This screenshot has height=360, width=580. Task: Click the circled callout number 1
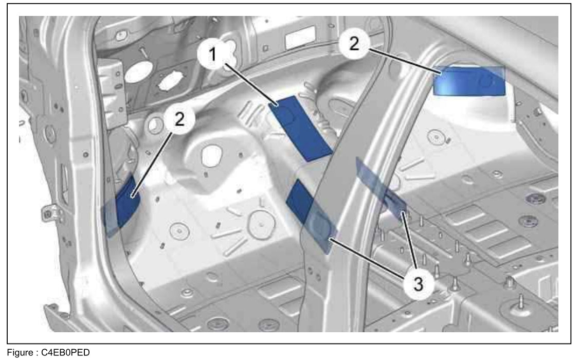212,55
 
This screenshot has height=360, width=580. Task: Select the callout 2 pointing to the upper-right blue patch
354,44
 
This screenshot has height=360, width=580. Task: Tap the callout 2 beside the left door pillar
179,119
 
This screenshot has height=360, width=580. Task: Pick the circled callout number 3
418,284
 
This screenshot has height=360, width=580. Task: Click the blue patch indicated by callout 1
300,128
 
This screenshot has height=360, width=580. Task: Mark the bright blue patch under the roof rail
469,81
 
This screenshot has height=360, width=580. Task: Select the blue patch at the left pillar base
122,206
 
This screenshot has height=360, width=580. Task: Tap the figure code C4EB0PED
65,353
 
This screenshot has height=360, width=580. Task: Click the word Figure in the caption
20,353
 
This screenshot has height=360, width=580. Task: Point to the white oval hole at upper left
138,72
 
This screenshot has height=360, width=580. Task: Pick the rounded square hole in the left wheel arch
212,156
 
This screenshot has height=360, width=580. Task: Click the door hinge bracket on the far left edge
48,212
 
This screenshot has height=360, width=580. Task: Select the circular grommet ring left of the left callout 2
155,125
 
